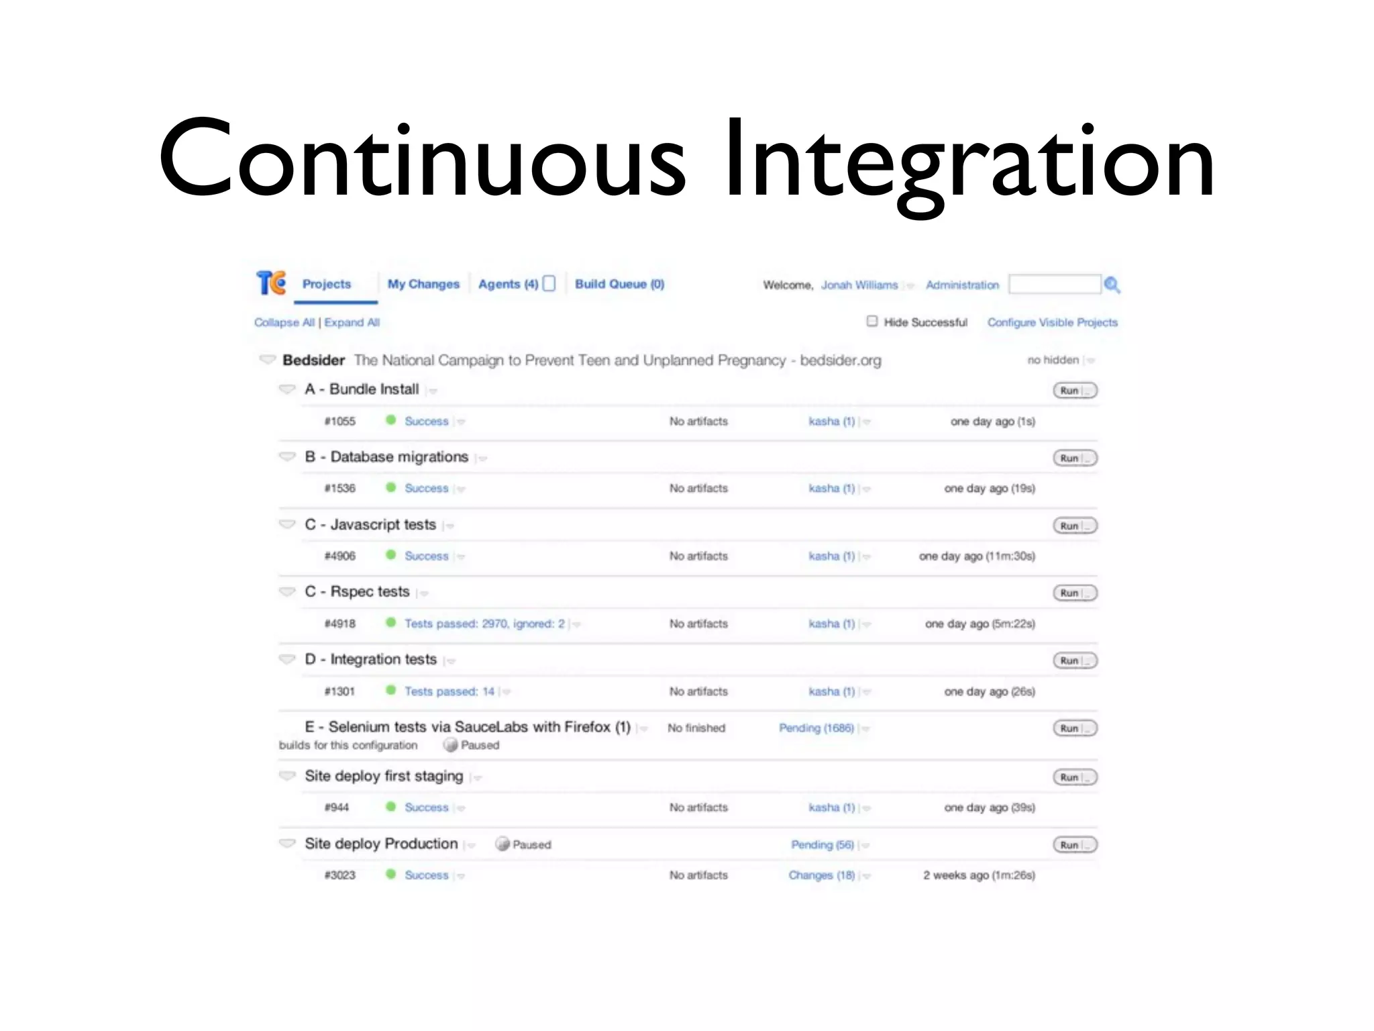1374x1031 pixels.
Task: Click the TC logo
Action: pyautogui.click(x=271, y=283)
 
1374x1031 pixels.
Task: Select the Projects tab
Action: pyautogui.click(x=327, y=284)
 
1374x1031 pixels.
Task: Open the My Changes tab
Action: pyautogui.click(x=423, y=284)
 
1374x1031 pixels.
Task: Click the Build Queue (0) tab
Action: pyautogui.click(x=619, y=284)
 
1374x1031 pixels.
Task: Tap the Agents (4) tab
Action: pyautogui.click(x=508, y=284)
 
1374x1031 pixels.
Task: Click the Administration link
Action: pyautogui.click(x=962, y=285)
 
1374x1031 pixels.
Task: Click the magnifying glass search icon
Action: pyautogui.click(x=1112, y=285)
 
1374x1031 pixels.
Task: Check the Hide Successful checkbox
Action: pyautogui.click(x=872, y=322)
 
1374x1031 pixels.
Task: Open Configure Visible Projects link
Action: pyautogui.click(x=1052, y=323)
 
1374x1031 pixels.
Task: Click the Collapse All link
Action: pyautogui.click(x=284, y=323)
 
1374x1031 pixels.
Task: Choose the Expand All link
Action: pyautogui.click(x=352, y=323)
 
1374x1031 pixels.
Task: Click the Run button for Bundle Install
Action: pyautogui.click(x=1075, y=391)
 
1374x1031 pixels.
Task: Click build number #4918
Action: pyautogui.click(x=340, y=624)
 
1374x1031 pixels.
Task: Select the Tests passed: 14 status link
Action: pyautogui.click(x=449, y=691)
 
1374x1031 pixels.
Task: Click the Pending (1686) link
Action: pyautogui.click(x=816, y=728)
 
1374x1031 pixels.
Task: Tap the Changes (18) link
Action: pyautogui.click(x=821, y=875)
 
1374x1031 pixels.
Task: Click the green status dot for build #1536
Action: pyautogui.click(x=390, y=487)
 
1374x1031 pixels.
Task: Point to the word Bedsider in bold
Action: pyautogui.click(x=313, y=360)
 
